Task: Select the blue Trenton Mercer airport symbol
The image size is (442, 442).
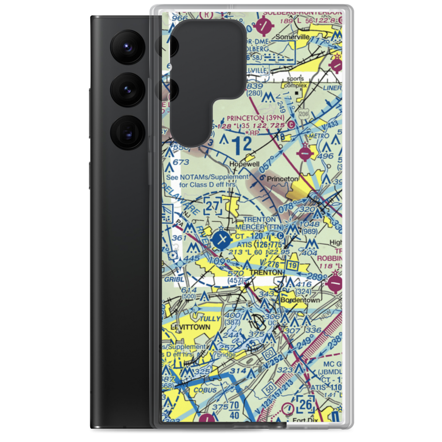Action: tap(221, 240)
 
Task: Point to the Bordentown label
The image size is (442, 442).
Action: tap(300, 300)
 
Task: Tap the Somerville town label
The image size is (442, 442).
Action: tap(293, 38)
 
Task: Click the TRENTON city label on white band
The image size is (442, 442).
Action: tap(266, 273)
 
